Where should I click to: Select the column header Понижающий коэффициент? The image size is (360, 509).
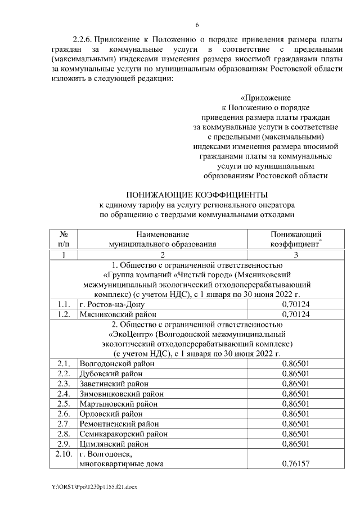click(295, 239)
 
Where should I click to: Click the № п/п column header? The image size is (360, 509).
click(63, 239)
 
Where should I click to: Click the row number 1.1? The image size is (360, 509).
click(63, 304)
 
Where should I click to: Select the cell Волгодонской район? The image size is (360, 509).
click(116, 363)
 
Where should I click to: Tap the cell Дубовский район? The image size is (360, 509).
click(110, 373)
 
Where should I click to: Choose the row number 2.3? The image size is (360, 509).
click(63, 383)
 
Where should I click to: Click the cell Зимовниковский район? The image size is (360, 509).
click(118, 393)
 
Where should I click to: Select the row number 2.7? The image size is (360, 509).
click(63, 424)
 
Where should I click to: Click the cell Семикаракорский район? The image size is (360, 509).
click(120, 434)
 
